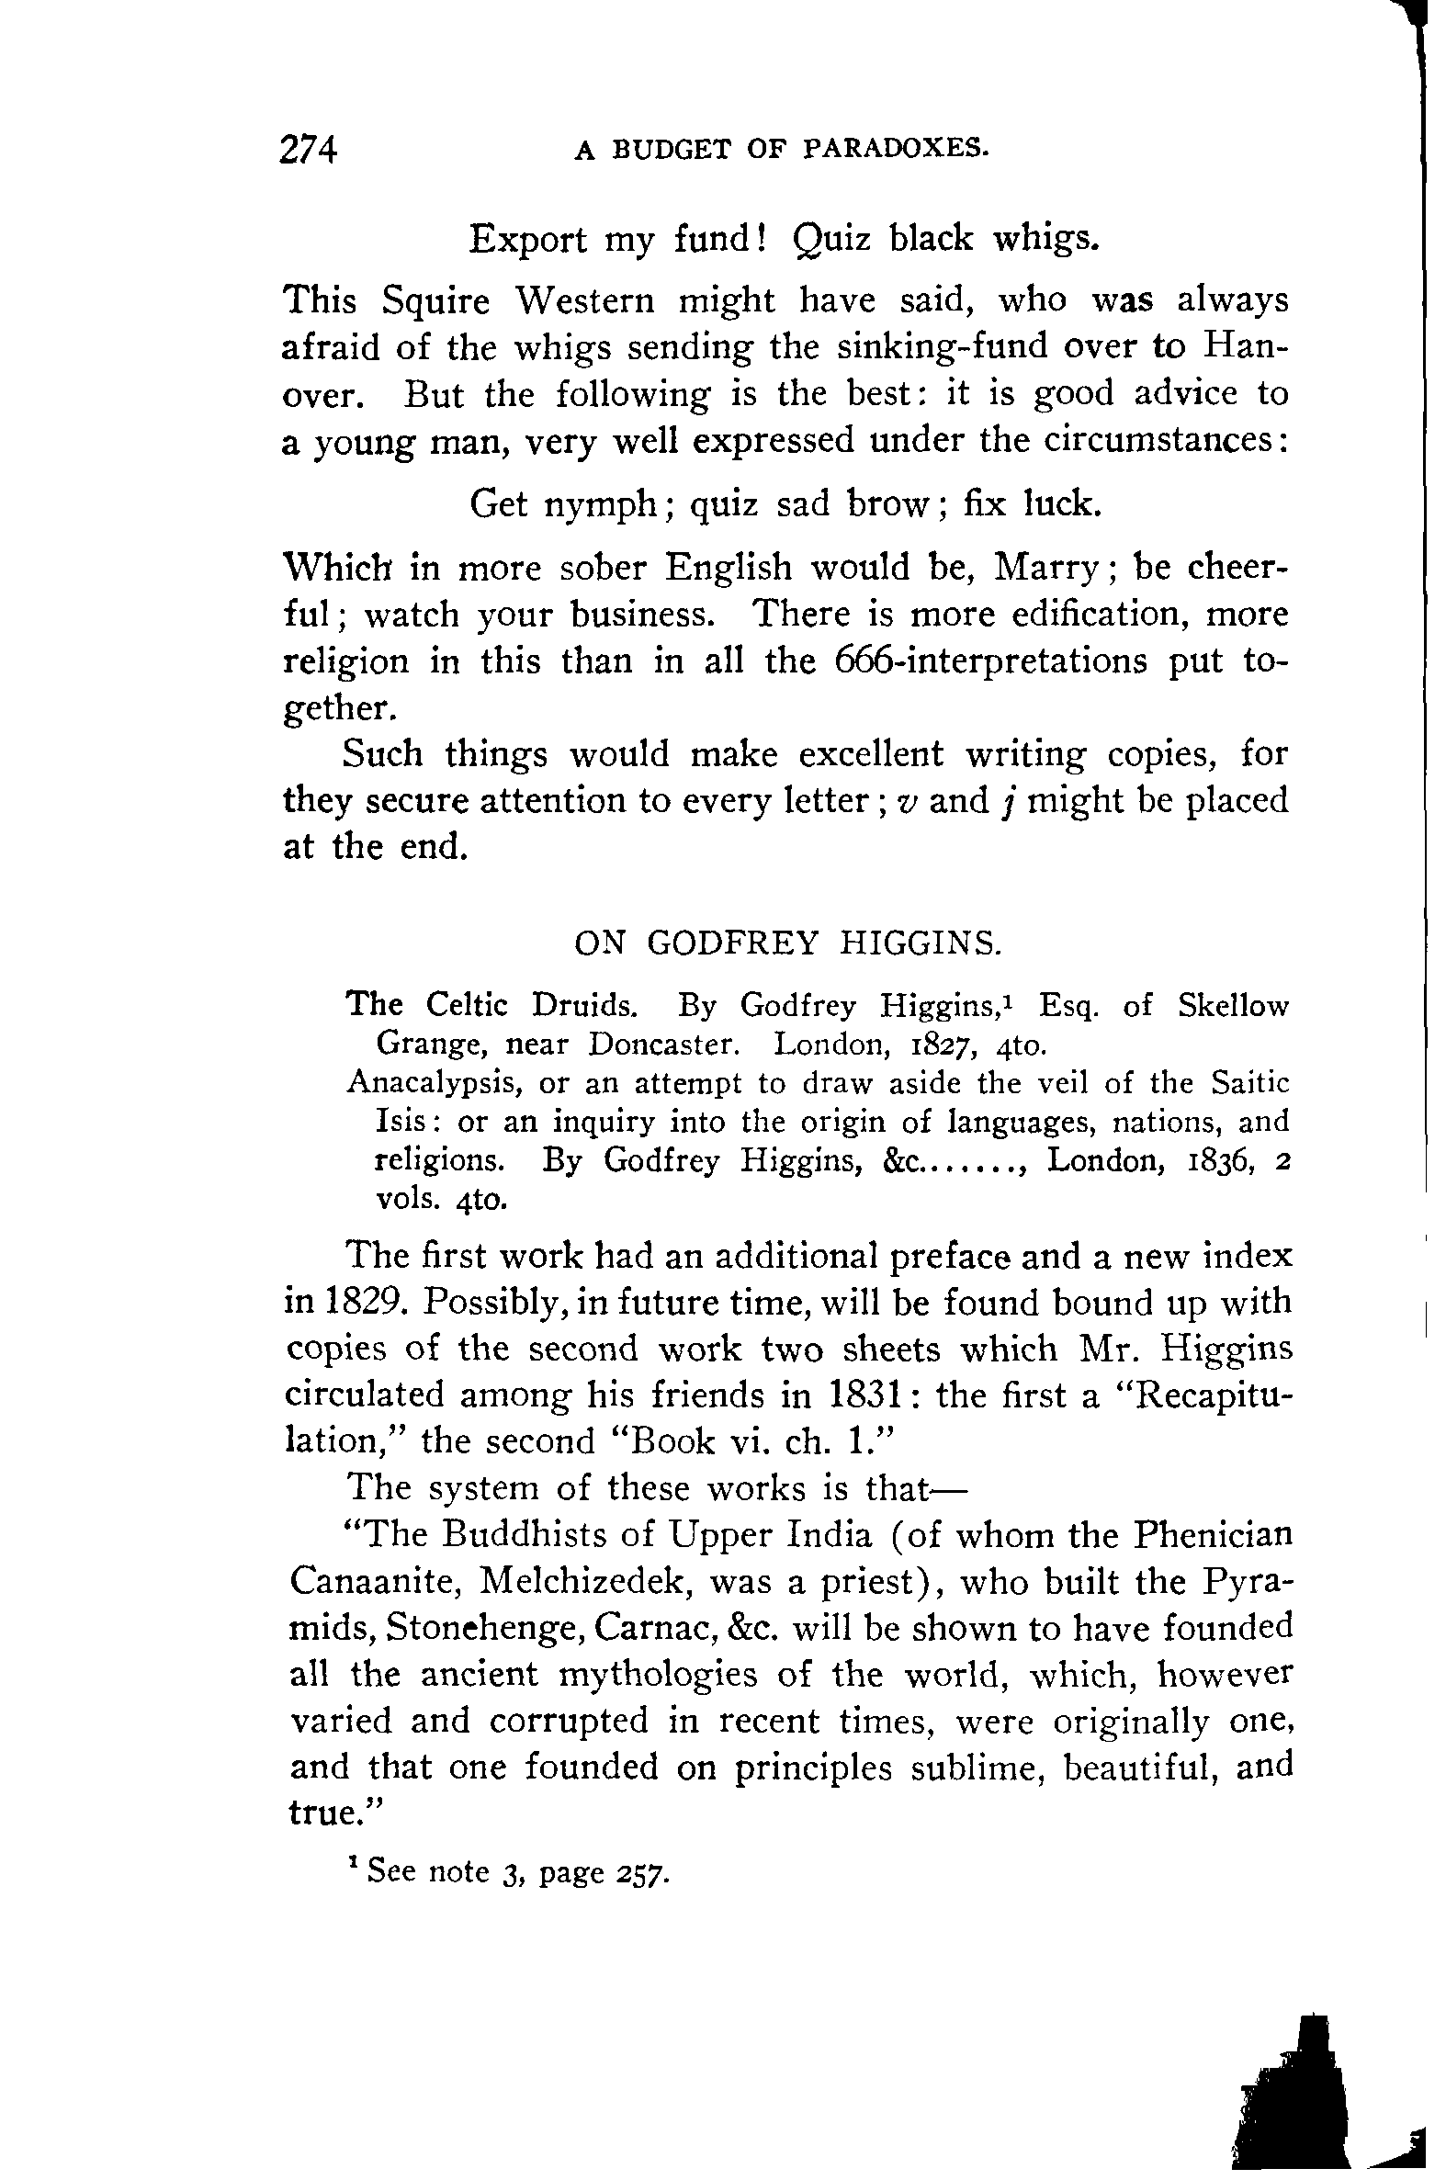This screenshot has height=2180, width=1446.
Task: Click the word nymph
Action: [600, 504]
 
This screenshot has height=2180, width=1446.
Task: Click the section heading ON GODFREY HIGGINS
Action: [786, 943]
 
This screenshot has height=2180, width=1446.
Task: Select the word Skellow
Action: [1233, 1005]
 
